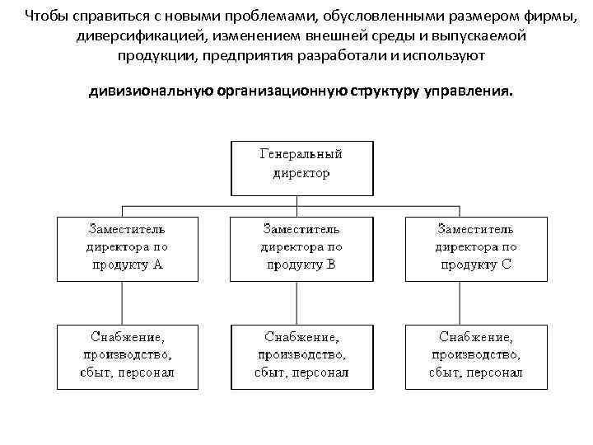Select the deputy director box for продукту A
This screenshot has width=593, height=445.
[x=128, y=247]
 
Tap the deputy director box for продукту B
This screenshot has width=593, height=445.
[x=301, y=247]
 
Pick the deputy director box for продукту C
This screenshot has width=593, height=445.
[x=476, y=247]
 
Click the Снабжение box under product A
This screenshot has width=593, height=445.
[x=128, y=356]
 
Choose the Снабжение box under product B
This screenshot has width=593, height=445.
[x=301, y=356]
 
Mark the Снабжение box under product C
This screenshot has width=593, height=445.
[x=476, y=356]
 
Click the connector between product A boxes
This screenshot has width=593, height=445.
[x=124, y=302]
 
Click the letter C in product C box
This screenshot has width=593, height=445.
[x=506, y=265]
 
